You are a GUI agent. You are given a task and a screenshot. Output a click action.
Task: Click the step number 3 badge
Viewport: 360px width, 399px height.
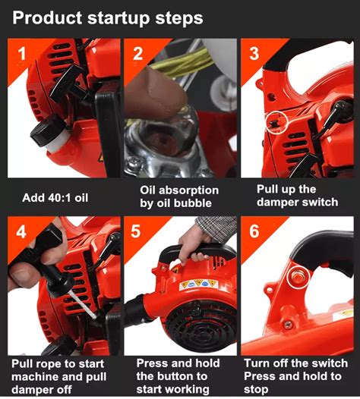coord(254,54)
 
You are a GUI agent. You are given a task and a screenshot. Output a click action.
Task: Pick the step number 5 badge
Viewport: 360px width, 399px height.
coord(137,232)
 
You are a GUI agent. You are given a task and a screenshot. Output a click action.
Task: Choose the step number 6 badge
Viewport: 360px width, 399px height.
coord(254,232)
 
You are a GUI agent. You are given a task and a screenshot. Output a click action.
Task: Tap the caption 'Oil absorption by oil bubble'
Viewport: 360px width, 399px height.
coord(179,196)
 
